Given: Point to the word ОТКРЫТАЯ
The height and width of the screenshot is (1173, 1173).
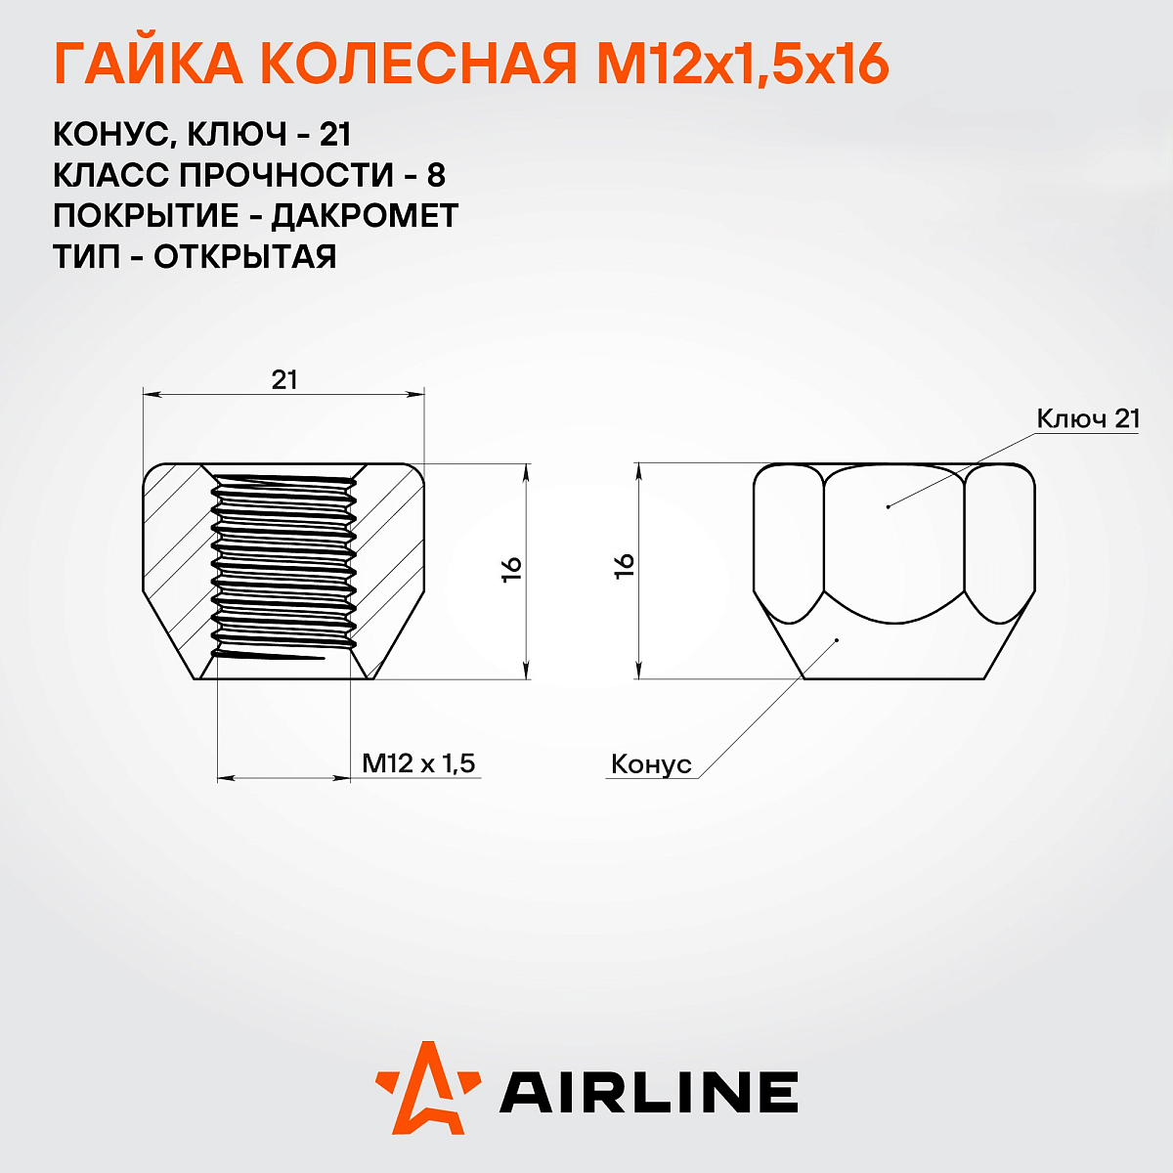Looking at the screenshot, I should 245,256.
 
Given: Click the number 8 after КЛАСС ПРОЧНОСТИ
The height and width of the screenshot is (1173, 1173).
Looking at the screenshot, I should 436,174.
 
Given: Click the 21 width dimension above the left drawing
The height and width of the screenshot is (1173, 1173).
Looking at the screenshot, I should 283,379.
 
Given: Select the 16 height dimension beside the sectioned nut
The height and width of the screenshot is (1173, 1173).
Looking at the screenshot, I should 512,569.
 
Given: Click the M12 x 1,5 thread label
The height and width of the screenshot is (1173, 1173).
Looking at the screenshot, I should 418,762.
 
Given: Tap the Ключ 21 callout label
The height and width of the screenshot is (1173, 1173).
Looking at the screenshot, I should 1088,418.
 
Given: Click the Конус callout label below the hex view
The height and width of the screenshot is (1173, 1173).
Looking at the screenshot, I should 651,764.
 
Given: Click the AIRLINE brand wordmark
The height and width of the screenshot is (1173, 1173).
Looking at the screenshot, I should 649,1092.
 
